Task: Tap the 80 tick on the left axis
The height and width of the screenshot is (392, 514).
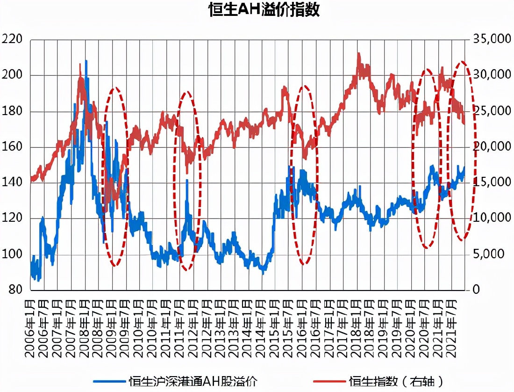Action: tap(15, 290)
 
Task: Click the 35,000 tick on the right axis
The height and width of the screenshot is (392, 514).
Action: tap(492, 40)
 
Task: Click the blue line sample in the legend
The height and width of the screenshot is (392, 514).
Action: tap(109, 381)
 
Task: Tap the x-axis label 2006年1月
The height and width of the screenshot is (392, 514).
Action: tap(31, 327)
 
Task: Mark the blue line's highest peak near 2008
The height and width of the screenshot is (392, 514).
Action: tap(86, 61)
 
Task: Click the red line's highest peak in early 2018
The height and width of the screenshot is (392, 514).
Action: tap(358, 53)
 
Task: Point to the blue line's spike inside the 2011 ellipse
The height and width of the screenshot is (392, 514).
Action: tap(187, 180)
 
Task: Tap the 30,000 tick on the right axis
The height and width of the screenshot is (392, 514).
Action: tap(492, 75)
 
